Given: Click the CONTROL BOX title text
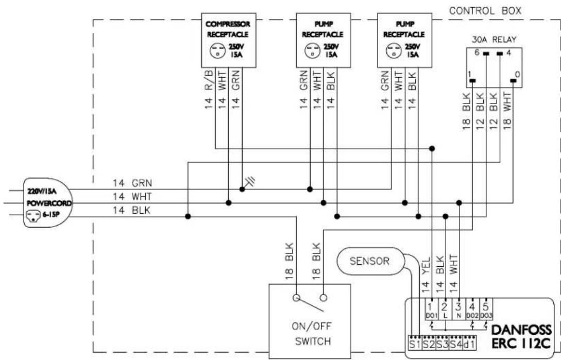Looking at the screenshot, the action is tap(485, 11).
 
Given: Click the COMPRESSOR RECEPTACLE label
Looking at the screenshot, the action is tap(228, 29).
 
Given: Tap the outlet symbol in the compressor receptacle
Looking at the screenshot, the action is tap(217, 51).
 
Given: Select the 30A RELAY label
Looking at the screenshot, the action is tap(494, 40).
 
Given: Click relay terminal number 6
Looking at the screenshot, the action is tap(477, 53).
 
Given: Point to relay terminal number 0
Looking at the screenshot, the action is tap(517, 75).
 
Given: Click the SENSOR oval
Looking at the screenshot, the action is tap(370, 261).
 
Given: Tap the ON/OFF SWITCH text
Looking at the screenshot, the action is tap(311, 334).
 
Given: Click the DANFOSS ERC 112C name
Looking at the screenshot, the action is tap(521, 336).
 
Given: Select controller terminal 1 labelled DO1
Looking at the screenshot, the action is tap(431, 310).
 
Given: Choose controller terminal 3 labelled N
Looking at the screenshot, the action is tap(458, 310).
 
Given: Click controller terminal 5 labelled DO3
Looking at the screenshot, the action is tap(485, 310).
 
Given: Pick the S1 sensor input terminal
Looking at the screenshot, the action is tap(415, 343).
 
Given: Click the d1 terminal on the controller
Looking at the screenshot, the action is tap(469, 343).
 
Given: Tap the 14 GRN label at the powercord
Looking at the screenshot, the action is tap(132, 183).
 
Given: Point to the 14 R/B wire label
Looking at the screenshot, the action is tap(209, 89).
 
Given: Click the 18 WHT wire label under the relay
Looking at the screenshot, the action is tap(507, 110).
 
